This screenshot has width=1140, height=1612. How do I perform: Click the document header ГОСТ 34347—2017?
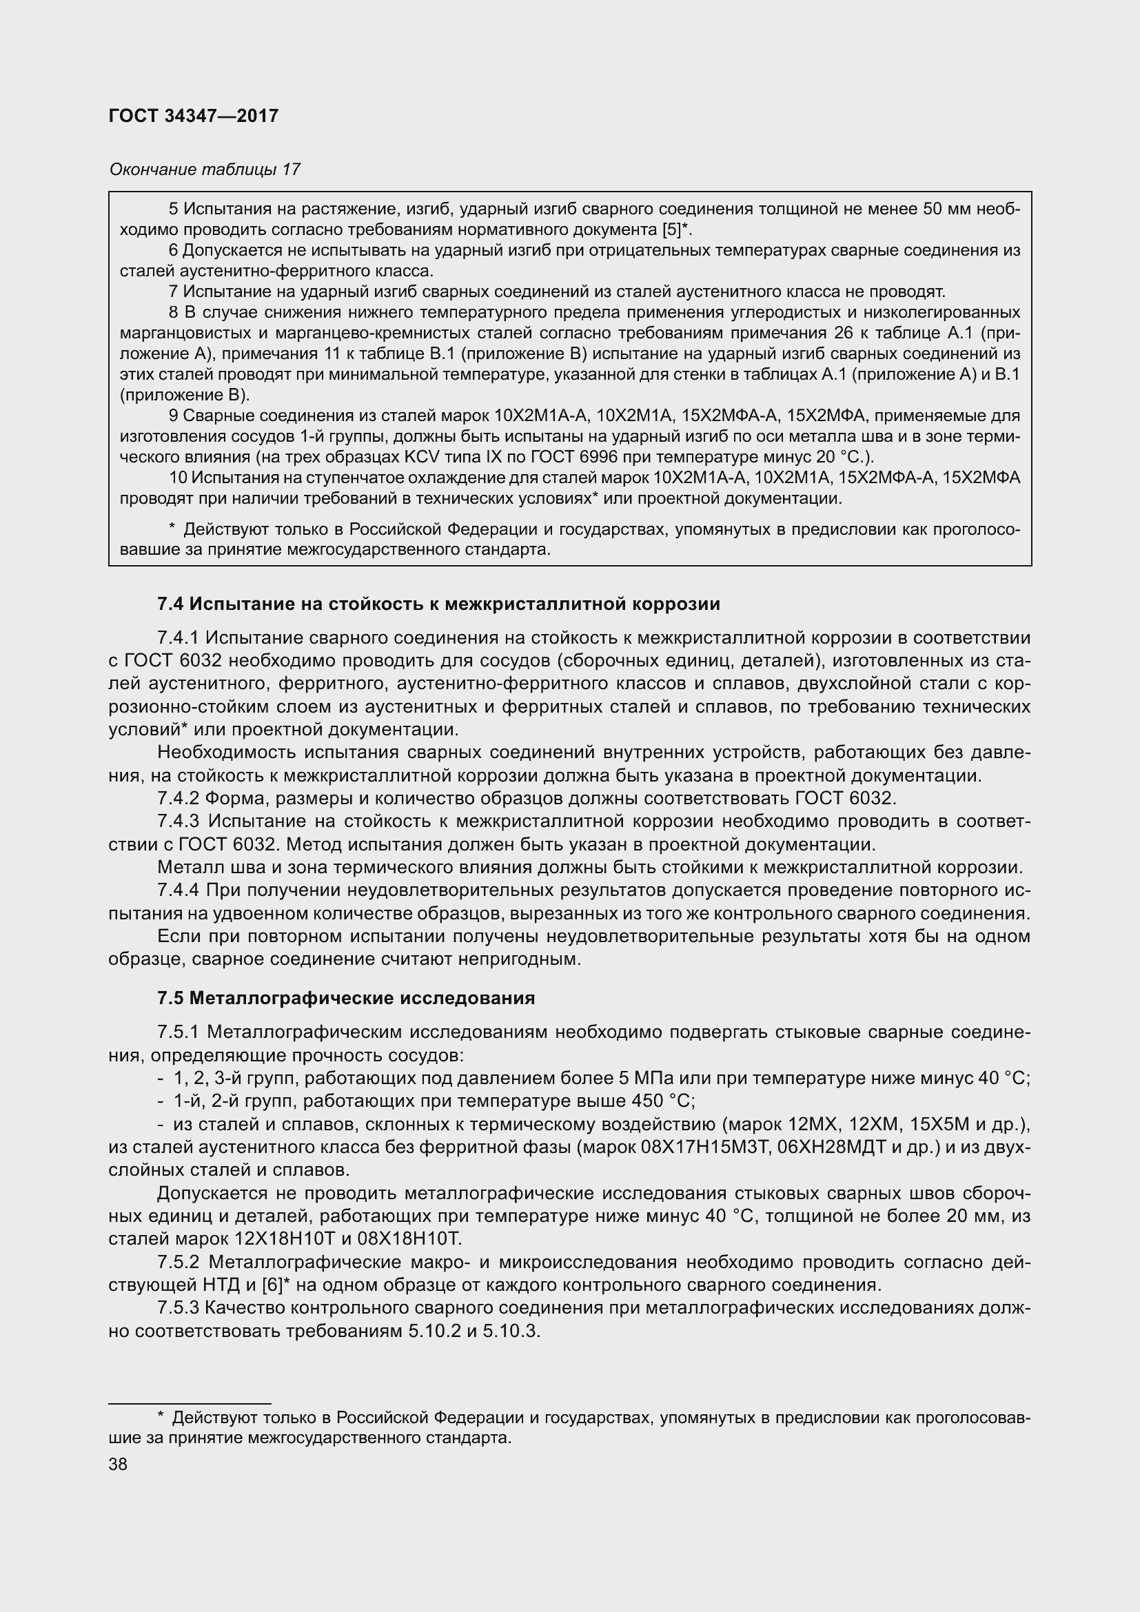[194, 116]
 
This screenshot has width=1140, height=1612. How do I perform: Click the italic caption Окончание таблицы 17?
[204, 170]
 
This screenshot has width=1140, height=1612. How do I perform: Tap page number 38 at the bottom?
[118, 1465]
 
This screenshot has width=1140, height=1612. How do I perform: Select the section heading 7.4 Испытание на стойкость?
[439, 604]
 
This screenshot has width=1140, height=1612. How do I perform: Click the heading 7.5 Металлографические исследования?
[346, 999]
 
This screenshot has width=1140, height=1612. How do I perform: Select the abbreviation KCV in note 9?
[421, 457]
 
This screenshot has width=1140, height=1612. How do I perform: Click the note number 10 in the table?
[178, 478]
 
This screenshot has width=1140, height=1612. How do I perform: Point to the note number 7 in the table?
[173, 292]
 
